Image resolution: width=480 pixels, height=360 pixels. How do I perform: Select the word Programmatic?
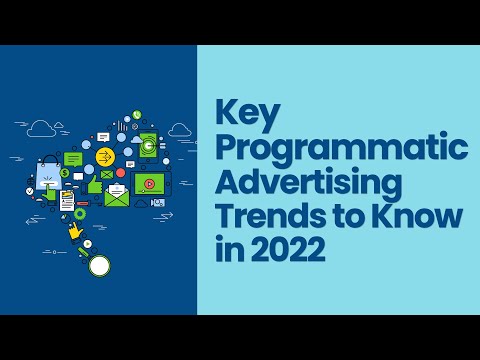[341, 149]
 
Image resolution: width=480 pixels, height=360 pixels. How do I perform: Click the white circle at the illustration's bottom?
[99, 265]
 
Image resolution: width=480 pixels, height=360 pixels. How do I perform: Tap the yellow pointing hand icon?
[74, 232]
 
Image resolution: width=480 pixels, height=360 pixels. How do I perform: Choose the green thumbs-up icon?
[96, 186]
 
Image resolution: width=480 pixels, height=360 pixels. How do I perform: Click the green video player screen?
[147, 184]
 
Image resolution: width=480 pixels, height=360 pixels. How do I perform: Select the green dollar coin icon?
[63, 173]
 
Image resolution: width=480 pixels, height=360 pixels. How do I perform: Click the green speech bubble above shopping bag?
[73, 158]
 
